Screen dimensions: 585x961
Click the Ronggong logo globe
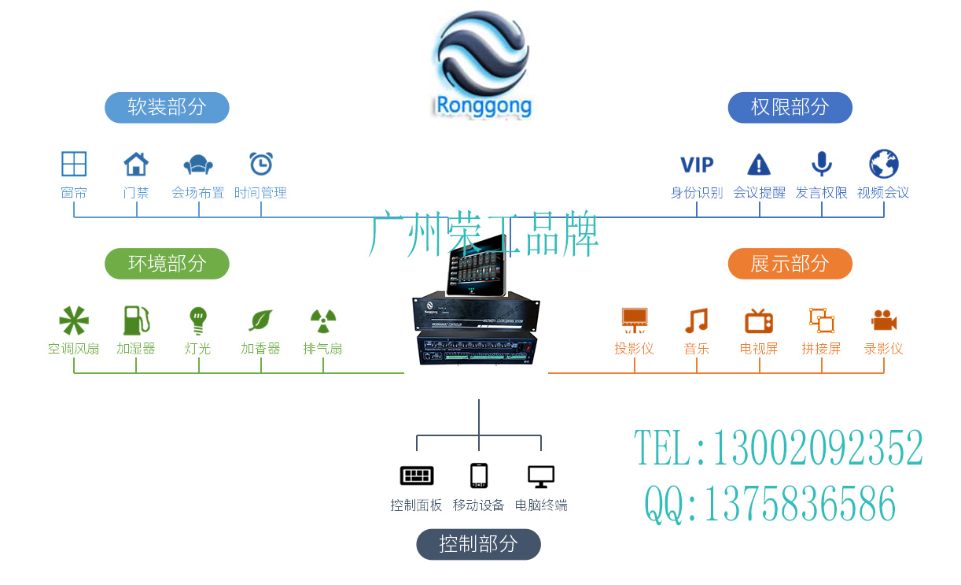[x=482, y=54]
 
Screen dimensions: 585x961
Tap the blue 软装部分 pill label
[x=167, y=107]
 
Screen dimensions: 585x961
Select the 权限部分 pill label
[x=790, y=107]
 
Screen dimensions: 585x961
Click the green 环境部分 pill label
[x=167, y=263]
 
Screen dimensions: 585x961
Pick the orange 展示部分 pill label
[x=790, y=263]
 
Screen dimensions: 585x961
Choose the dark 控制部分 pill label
[x=478, y=544]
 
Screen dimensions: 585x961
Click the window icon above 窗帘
[x=74, y=164]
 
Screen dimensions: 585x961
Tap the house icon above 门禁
[x=136, y=164]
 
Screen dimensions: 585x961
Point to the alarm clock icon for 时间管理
[x=261, y=164]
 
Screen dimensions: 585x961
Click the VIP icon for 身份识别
[x=697, y=165]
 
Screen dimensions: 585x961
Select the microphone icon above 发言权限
[x=822, y=164]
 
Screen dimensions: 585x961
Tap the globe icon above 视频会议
[x=884, y=164]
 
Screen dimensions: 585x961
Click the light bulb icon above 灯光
[x=198, y=320]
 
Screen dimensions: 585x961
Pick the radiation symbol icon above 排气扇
[x=322, y=320]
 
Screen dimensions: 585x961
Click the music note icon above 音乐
[x=697, y=320]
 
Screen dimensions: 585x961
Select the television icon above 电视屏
[x=759, y=320]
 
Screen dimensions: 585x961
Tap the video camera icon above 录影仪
[x=884, y=320]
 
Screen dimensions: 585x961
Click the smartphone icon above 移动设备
[x=478, y=476]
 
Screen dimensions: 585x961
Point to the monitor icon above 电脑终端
[x=541, y=476]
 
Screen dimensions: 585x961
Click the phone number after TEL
[x=817, y=449]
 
